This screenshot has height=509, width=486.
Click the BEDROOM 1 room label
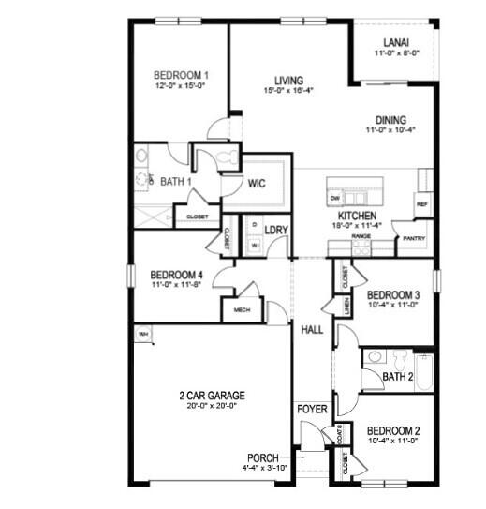(181, 76)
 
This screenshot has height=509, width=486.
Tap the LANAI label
(396, 42)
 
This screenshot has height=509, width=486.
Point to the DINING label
(390, 120)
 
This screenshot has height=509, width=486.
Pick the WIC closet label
(258, 184)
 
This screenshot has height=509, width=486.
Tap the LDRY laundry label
(275, 231)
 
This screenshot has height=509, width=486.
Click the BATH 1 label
(176, 182)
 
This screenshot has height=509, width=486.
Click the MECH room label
(241, 309)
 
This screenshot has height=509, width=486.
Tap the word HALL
(311, 330)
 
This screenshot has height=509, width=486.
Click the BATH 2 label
(398, 377)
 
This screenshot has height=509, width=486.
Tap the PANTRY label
(413, 238)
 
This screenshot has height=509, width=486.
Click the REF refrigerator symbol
(422, 204)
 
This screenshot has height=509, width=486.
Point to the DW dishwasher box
(334, 199)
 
